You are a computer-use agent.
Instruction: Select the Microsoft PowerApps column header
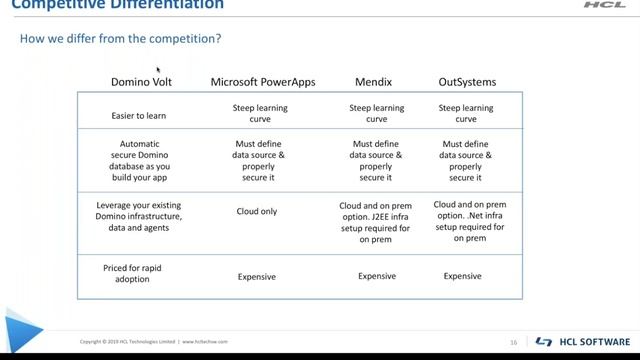pyautogui.click(x=262, y=81)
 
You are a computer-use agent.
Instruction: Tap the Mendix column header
pyautogui.click(x=376, y=81)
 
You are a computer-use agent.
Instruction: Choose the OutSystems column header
pyautogui.click(x=467, y=81)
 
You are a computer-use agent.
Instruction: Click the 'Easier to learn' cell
pyautogui.click(x=139, y=115)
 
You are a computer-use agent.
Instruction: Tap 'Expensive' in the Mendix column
pyautogui.click(x=377, y=276)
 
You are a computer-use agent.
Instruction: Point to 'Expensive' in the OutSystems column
pyautogui.click(x=463, y=276)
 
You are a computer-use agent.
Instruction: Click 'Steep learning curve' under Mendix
pyautogui.click(x=377, y=113)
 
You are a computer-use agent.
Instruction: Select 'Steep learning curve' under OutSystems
pyautogui.click(x=466, y=113)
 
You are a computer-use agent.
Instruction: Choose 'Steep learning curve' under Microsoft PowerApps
pyautogui.click(x=260, y=113)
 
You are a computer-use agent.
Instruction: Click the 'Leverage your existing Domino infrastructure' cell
pyautogui.click(x=139, y=216)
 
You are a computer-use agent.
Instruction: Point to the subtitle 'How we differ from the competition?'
pyautogui.click(x=120, y=39)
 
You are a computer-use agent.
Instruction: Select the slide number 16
pyautogui.click(x=513, y=342)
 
